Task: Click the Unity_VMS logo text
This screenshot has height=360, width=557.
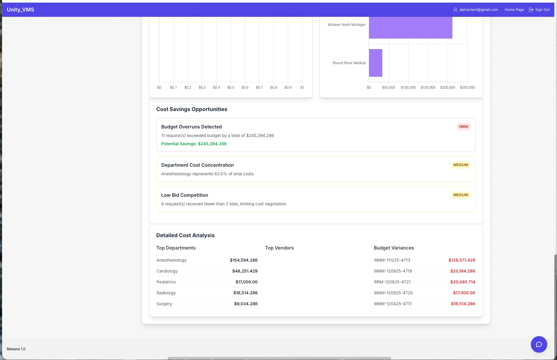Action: [20, 10]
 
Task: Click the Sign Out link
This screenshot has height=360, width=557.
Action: [542, 10]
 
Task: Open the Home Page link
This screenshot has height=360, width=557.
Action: [514, 10]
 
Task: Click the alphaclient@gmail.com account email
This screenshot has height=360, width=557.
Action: [478, 10]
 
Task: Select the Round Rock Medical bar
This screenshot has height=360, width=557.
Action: [375, 63]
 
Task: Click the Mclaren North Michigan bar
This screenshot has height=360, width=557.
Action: [410, 27]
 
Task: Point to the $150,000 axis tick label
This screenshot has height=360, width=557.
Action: [428, 87]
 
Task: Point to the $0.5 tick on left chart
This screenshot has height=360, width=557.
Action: [231, 87]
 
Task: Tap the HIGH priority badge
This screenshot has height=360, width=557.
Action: [463, 127]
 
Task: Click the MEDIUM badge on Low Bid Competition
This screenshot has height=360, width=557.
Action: [460, 195]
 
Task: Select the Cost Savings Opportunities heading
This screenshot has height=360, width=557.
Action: [191, 109]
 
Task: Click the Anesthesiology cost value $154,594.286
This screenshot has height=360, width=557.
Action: [244, 260]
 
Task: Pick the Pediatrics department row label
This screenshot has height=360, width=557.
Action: [166, 282]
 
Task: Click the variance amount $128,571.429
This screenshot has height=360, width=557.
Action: [462, 260]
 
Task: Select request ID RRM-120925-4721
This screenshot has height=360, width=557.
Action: [392, 282]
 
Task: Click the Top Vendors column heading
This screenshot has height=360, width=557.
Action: [279, 248]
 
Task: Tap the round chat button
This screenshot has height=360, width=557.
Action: [539, 344]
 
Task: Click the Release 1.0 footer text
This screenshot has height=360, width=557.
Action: [16, 349]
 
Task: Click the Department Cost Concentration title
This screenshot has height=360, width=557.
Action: [197, 165]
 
